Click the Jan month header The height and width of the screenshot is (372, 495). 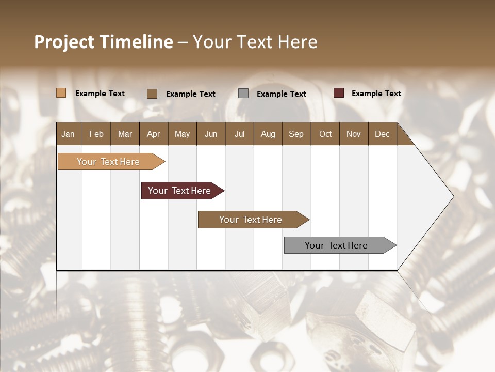pos(68,134)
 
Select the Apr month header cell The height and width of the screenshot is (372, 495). pos(153,134)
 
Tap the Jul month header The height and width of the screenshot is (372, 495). pos(239,134)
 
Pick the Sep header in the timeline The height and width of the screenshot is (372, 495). pos(296,134)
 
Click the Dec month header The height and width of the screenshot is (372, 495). pos(382,134)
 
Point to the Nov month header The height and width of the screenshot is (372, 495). pos(353,134)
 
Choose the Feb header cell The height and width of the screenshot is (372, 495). pos(96,134)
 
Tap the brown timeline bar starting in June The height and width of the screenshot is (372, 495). pos(251,220)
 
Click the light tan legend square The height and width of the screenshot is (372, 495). pos(61,93)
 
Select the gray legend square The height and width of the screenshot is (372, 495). pos(243,94)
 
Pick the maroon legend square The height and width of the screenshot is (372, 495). pos(338,93)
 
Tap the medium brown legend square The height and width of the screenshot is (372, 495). pos(152,94)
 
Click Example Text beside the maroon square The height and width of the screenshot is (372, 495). pos(376,94)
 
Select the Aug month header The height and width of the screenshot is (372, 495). pos(268,134)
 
